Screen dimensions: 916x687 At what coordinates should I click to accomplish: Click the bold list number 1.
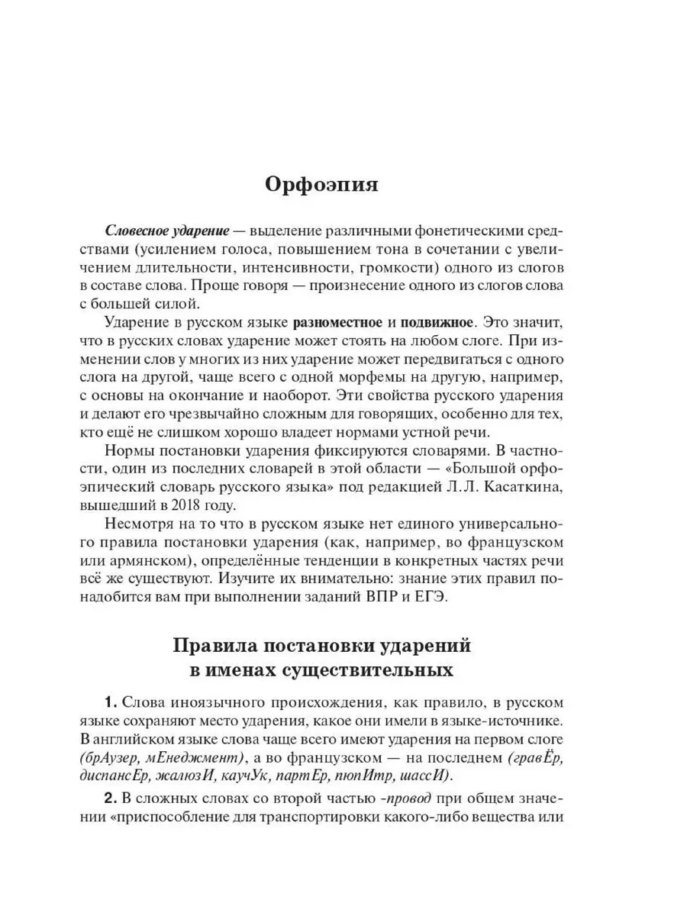110,701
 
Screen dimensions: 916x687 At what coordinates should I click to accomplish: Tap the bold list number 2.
110,798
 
